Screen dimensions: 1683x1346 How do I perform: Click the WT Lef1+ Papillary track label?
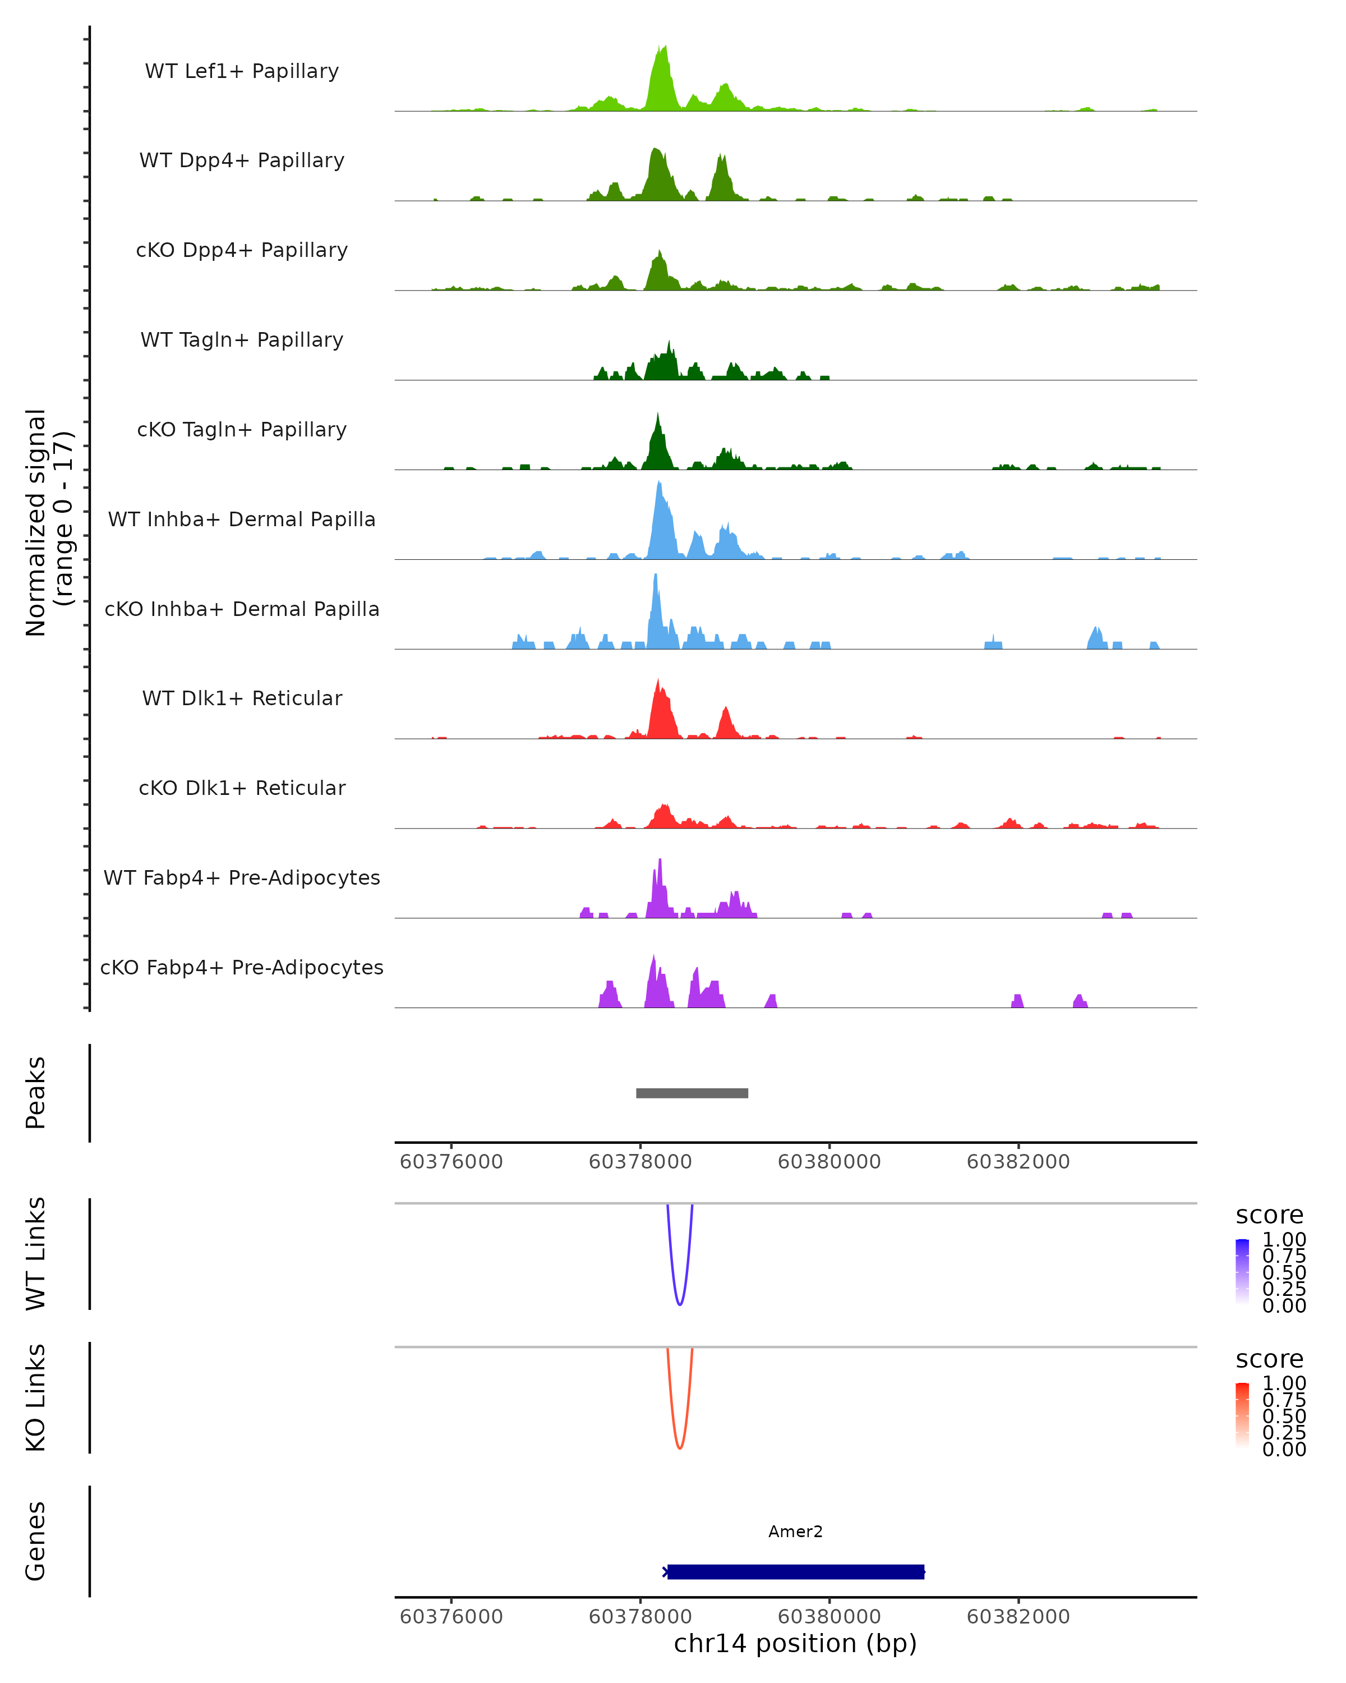pos(242,71)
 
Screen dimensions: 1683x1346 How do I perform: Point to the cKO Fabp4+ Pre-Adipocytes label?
pos(242,967)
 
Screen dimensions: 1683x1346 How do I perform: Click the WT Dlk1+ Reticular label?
pos(242,698)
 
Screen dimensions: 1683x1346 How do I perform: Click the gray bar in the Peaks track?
pos(692,1093)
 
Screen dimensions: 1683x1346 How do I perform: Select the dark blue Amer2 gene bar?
pos(795,1571)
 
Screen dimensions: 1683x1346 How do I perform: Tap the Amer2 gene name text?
pos(795,1532)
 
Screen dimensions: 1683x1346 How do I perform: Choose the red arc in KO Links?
pos(680,1447)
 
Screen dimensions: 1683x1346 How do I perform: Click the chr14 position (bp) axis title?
pos(795,1643)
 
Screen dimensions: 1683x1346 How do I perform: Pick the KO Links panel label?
pos(36,1397)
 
